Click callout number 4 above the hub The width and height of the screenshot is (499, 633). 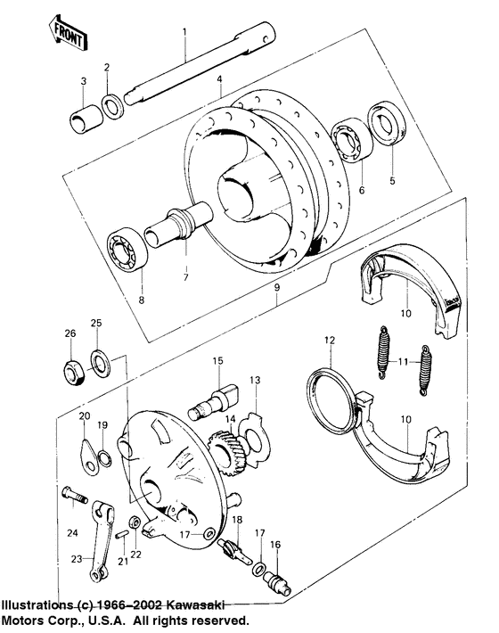pos(218,80)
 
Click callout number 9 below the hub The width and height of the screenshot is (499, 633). pos(275,288)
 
